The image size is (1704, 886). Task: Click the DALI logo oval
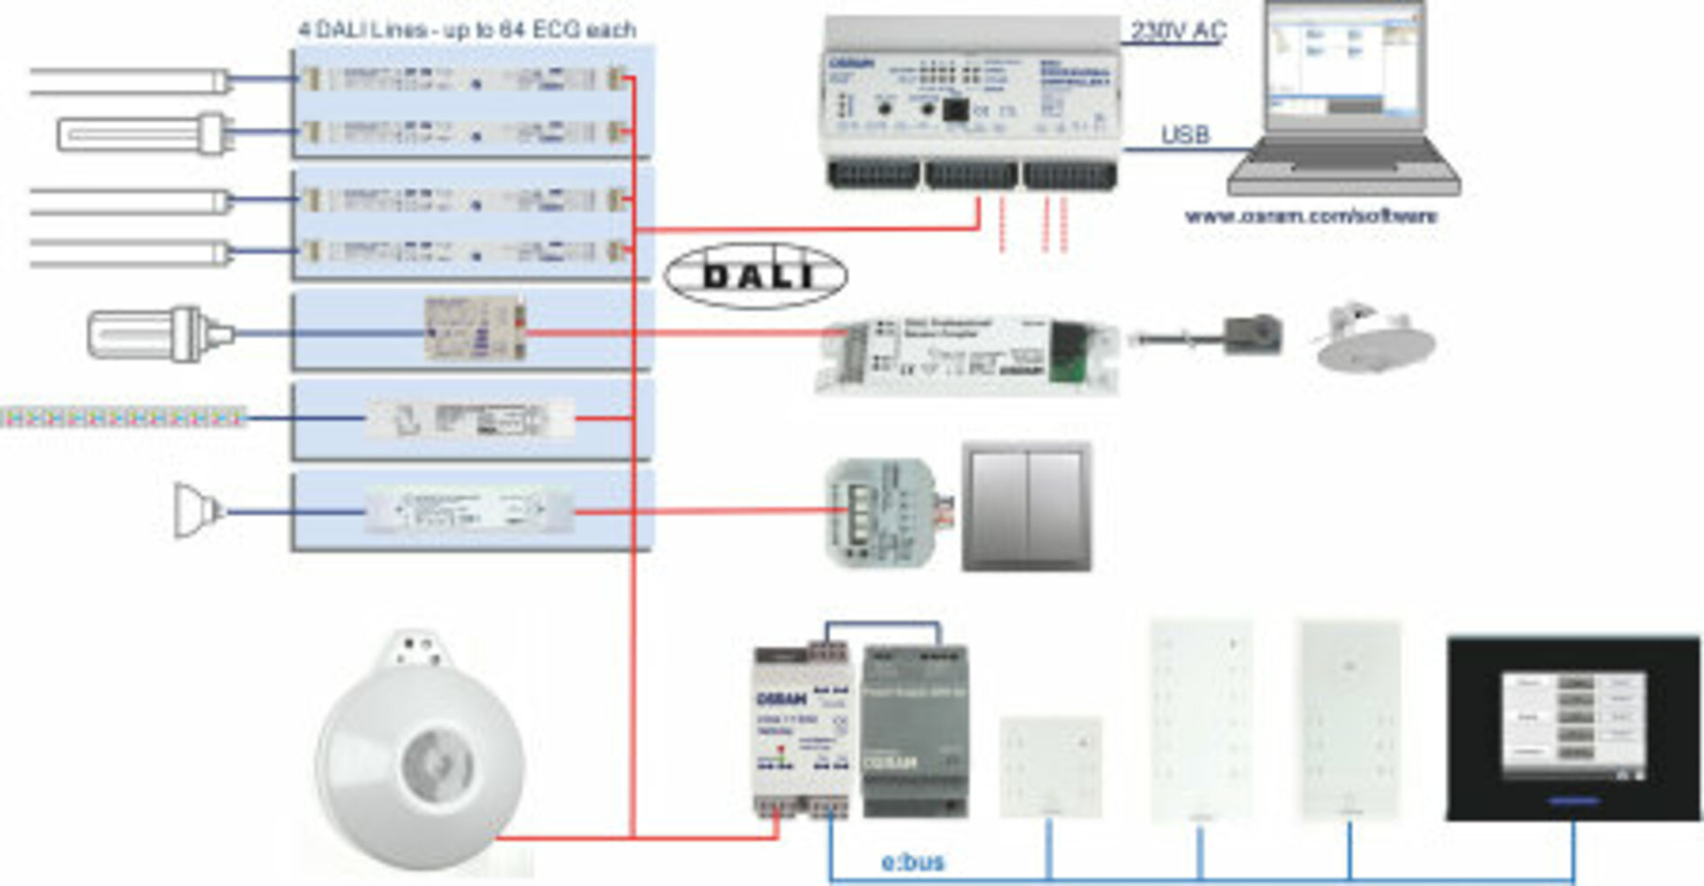[755, 275]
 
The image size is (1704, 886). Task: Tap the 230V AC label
[1178, 31]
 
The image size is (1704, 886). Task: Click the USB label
[1185, 135]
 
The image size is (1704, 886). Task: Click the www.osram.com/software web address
[1311, 216]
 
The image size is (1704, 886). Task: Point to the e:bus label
[912, 861]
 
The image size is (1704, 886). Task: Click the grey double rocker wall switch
[1027, 506]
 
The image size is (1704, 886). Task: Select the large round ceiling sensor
[420, 753]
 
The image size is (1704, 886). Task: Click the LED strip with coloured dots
[122, 416]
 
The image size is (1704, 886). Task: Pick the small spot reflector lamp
[197, 510]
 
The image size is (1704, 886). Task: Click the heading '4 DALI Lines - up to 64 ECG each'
[467, 29]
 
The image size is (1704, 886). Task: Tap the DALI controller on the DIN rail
[972, 102]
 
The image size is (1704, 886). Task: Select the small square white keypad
[1051, 765]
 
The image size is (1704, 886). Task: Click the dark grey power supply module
[915, 730]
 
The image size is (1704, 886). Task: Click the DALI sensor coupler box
[967, 353]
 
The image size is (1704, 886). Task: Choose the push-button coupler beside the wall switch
[885, 511]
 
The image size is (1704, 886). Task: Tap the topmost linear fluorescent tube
[130, 82]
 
